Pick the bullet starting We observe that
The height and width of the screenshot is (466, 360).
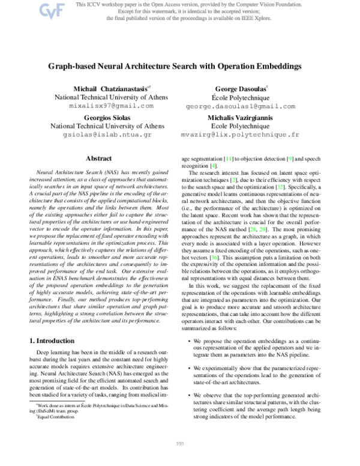[258, 402]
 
